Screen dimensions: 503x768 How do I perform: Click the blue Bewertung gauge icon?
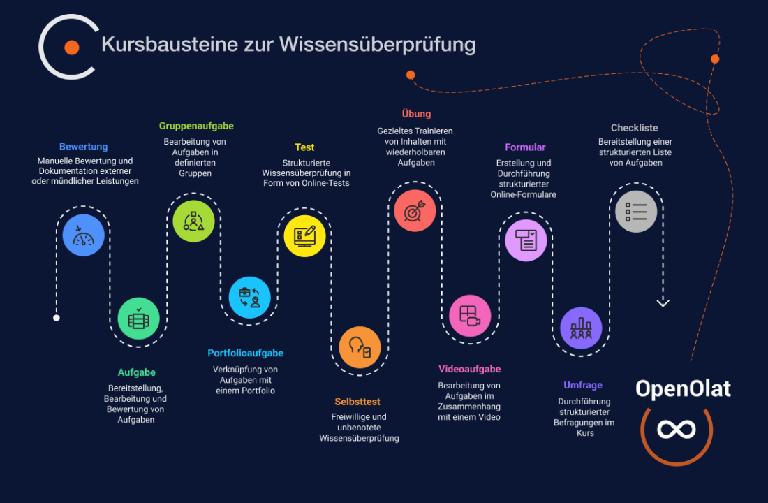click(83, 235)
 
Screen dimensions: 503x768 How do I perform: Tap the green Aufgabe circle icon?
click(138, 319)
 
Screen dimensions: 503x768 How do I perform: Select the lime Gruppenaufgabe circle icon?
click(193, 221)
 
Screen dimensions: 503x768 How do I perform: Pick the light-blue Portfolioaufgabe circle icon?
click(249, 298)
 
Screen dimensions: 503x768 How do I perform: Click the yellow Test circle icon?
click(304, 235)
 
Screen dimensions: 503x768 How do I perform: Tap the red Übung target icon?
click(415, 210)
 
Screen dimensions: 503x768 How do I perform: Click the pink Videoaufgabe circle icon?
click(470, 315)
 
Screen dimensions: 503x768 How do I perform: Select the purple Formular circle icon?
click(526, 240)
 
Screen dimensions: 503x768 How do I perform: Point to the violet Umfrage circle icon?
click(581, 328)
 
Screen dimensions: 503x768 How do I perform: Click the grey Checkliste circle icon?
click(636, 211)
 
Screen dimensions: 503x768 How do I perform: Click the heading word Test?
click(304, 147)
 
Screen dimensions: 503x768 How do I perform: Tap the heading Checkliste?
click(634, 128)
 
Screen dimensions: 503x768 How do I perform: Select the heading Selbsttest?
click(357, 402)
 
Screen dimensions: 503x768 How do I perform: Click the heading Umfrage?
click(583, 385)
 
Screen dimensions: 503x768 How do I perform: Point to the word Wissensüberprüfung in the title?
click(378, 45)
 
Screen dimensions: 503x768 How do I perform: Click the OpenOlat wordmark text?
click(683, 388)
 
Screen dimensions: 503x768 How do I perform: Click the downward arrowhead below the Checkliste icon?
click(663, 303)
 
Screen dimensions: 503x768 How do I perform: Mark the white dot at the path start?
click(57, 318)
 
